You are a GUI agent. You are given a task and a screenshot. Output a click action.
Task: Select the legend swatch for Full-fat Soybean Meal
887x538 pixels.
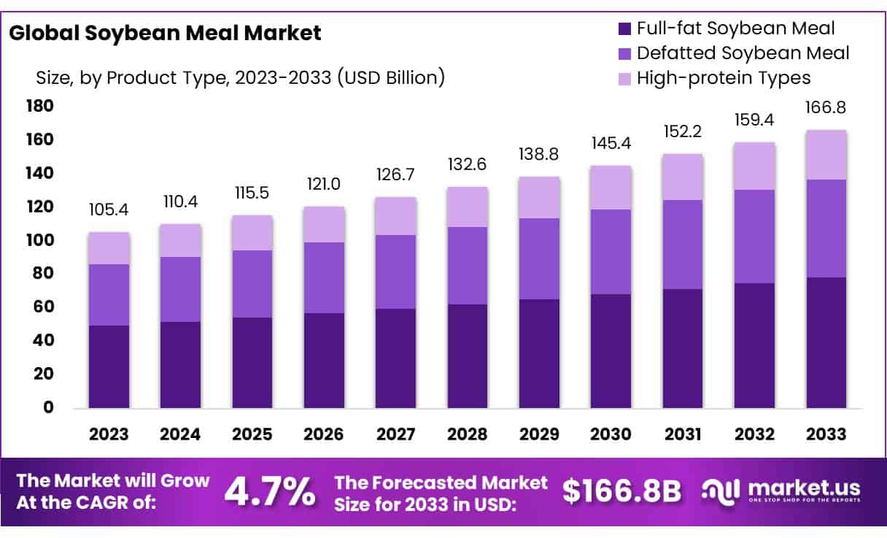[624, 29]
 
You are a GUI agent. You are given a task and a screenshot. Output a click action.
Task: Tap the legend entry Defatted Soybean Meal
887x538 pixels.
[743, 53]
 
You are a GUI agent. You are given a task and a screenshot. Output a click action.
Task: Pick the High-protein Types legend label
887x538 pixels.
[724, 77]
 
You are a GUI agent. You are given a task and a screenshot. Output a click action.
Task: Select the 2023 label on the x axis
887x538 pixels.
[109, 434]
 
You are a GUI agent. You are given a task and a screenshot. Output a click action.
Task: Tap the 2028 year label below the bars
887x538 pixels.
[467, 434]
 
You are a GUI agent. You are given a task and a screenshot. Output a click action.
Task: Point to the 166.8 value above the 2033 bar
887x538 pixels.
[826, 108]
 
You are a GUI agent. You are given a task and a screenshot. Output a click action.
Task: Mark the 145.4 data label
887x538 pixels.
[611, 144]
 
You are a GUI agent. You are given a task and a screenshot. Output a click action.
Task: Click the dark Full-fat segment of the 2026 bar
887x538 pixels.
[324, 360]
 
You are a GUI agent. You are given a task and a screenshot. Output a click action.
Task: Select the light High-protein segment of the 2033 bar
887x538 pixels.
[826, 155]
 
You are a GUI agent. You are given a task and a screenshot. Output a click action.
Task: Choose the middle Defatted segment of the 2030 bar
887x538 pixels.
[611, 252]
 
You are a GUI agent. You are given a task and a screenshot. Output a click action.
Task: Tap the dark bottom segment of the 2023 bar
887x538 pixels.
[109, 366]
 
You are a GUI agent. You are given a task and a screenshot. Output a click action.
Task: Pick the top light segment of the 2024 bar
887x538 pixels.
[180, 240]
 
